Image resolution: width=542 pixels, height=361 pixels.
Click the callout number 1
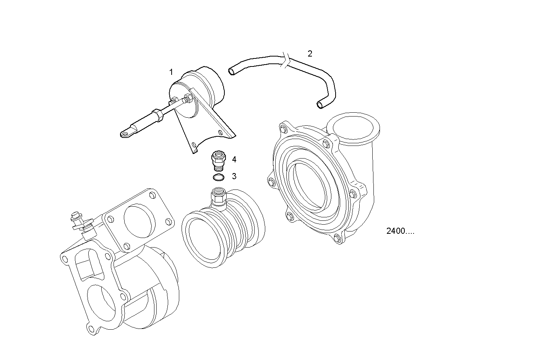[171, 72]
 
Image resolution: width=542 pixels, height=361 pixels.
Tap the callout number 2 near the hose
[310, 54]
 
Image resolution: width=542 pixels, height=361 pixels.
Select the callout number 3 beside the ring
[234, 176]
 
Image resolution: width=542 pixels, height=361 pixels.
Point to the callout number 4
[234, 159]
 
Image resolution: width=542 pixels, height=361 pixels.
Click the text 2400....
[400, 231]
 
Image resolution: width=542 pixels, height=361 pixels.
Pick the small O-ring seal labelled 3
[219, 177]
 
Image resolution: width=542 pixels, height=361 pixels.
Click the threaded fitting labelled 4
[219, 160]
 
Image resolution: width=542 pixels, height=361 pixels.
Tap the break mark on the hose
[287, 61]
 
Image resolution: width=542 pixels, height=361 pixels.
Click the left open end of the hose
[231, 71]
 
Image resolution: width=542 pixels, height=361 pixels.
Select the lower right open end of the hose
[320, 104]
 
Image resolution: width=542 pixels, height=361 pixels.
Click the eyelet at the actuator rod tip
[125, 133]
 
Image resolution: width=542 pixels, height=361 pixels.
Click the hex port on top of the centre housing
[218, 196]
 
